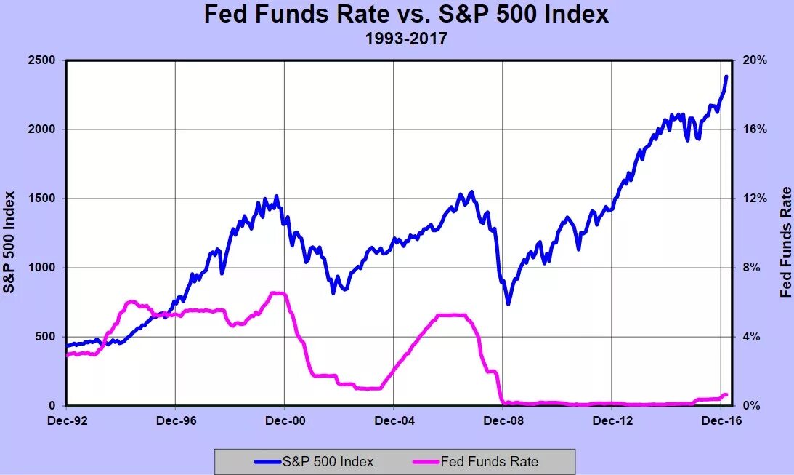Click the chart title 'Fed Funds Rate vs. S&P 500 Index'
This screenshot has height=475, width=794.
405,15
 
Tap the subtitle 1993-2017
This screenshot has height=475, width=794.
405,38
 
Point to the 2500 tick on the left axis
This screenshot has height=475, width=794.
41,60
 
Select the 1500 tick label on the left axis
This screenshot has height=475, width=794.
41,199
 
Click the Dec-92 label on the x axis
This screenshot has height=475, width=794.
66,420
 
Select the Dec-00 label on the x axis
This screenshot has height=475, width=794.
285,420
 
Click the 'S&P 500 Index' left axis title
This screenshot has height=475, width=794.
9,242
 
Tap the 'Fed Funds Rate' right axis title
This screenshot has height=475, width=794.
785,242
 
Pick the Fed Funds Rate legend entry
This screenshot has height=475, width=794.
475,461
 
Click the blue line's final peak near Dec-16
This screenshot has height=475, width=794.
726,76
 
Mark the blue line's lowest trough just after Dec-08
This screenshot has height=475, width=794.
509,303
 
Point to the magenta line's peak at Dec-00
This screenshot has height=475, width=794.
278,293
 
